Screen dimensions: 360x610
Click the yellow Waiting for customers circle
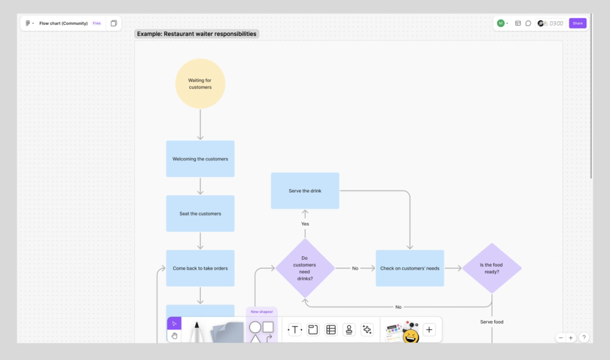[x=200, y=84]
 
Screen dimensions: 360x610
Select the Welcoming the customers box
[x=200, y=159]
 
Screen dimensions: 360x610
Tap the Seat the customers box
[x=200, y=214]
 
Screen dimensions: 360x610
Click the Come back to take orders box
[x=200, y=268]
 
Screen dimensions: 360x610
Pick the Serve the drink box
[x=305, y=190]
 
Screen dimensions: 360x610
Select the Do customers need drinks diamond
[x=305, y=268]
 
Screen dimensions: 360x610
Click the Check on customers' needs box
[x=410, y=268]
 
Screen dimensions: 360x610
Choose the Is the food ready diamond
[x=492, y=268]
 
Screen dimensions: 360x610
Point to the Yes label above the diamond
[x=305, y=224]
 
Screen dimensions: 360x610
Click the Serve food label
[x=492, y=322]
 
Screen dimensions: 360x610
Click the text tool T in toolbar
[x=295, y=329]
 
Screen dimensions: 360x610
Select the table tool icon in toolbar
[x=331, y=329]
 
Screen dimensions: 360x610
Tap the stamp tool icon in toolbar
[x=349, y=329]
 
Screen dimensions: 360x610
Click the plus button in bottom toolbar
[x=429, y=329]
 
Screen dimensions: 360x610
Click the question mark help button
[x=584, y=337]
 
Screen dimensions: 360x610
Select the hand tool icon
[x=174, y=336]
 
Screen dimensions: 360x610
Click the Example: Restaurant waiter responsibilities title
[x=196, y=34]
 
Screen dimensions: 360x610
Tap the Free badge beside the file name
[x=96, y=23]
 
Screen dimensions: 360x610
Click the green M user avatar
[x=501, y=23]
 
